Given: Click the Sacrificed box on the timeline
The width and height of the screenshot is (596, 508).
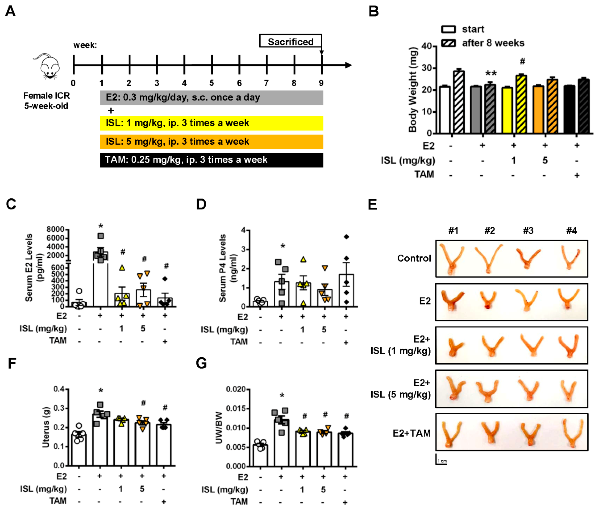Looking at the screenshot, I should (290, 42).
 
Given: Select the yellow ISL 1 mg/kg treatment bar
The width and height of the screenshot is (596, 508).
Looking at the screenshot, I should (211, 123).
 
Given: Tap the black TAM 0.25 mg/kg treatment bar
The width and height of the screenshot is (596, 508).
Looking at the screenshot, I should (211, 160).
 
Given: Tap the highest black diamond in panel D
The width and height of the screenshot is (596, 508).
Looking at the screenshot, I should (346, 237).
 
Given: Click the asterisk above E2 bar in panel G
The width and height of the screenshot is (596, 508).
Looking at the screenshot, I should (282, 396).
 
